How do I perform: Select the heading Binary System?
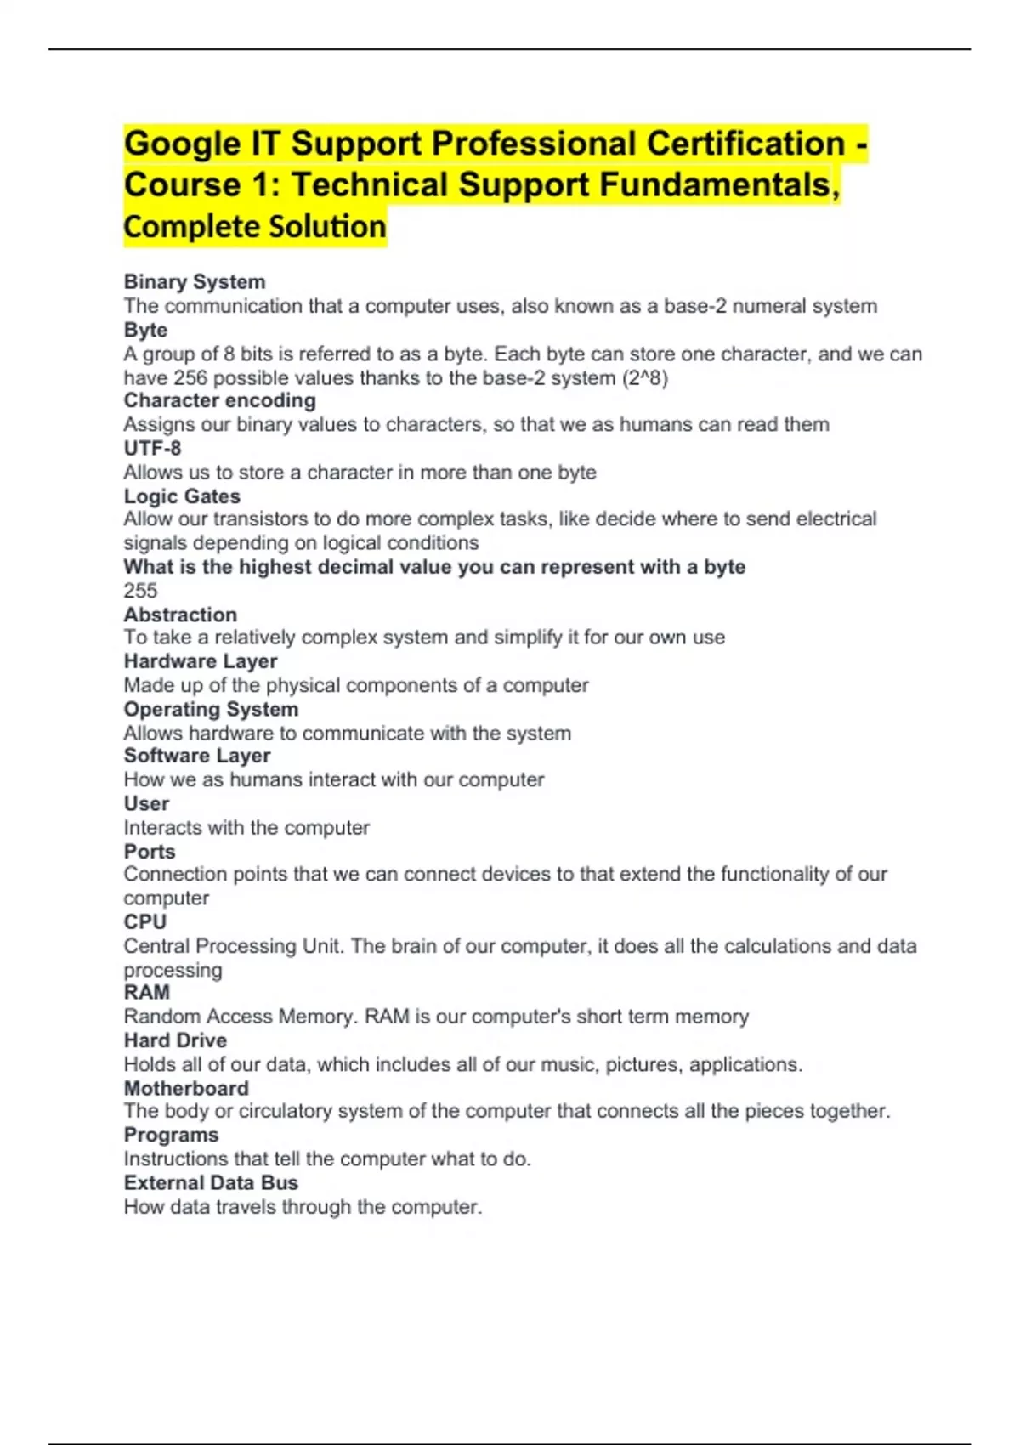coord(195,281)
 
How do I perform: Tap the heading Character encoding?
coord(219,400)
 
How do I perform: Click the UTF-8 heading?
coord(152,448)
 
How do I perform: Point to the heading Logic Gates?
coord(182,496)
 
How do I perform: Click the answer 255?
coord(140,591)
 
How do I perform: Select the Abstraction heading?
coord(180,614)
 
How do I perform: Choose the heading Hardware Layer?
coord(201,661)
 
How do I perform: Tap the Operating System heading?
coord(211,709)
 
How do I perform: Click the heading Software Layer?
coord(197,756)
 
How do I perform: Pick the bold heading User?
coord(146,803)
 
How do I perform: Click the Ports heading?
coord(150,851)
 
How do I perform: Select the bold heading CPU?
coord(145,921)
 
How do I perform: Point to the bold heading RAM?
coord(147,992)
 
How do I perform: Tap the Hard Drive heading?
coord(175,1040)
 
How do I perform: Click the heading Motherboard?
coord(186,1088)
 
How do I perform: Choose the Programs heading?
coord(171,1135)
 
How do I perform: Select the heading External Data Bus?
coord(211,1182)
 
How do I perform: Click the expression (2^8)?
coord(645,377)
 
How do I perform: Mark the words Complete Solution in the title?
coord(255,227)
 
